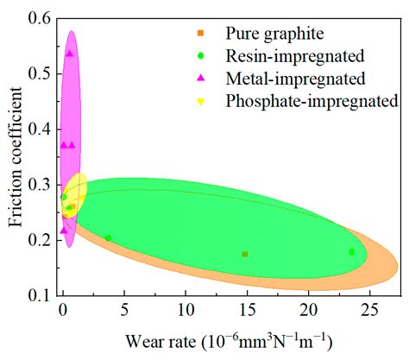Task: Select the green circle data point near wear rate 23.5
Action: [351, 252]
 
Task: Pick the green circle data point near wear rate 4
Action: [108, 238]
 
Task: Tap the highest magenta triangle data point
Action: [70, 54]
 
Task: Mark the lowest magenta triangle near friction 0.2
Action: [64, 231]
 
